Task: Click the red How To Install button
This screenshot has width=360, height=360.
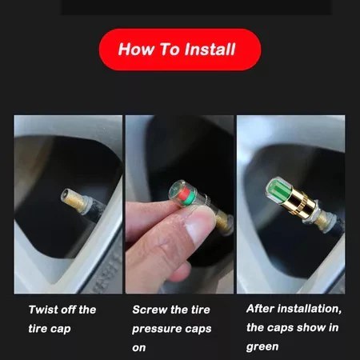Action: point(180,50)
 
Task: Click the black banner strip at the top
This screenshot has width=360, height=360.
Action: point(196,6)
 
